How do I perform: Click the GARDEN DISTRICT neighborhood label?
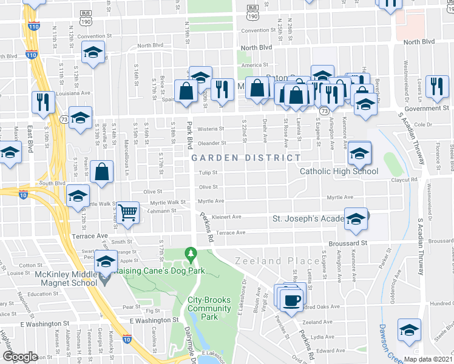[x=246, y=158]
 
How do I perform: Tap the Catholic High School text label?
[x=339, y=171]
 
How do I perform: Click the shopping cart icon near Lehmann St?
[x=127, y=213]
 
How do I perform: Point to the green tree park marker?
[x=192, y=251]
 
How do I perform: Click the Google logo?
[x=21, y=356]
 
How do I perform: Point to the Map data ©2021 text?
[x=429, y=359]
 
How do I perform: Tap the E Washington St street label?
[x=154, y=319]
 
